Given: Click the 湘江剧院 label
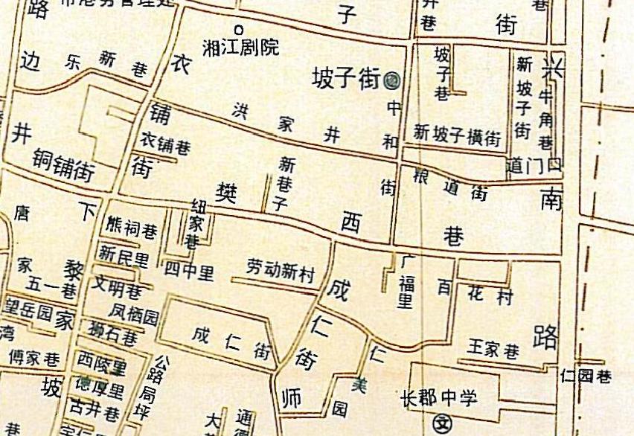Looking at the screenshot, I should click(241, 48).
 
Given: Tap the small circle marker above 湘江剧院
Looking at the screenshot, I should click(240, 29).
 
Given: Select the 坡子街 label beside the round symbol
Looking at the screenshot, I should click(346, 78).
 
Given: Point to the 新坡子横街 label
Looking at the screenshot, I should click(457, 135).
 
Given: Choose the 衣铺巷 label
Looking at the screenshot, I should click(165, 145).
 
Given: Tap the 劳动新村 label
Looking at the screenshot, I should click(281, 272).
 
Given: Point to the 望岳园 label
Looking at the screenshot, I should click(31, 307).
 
